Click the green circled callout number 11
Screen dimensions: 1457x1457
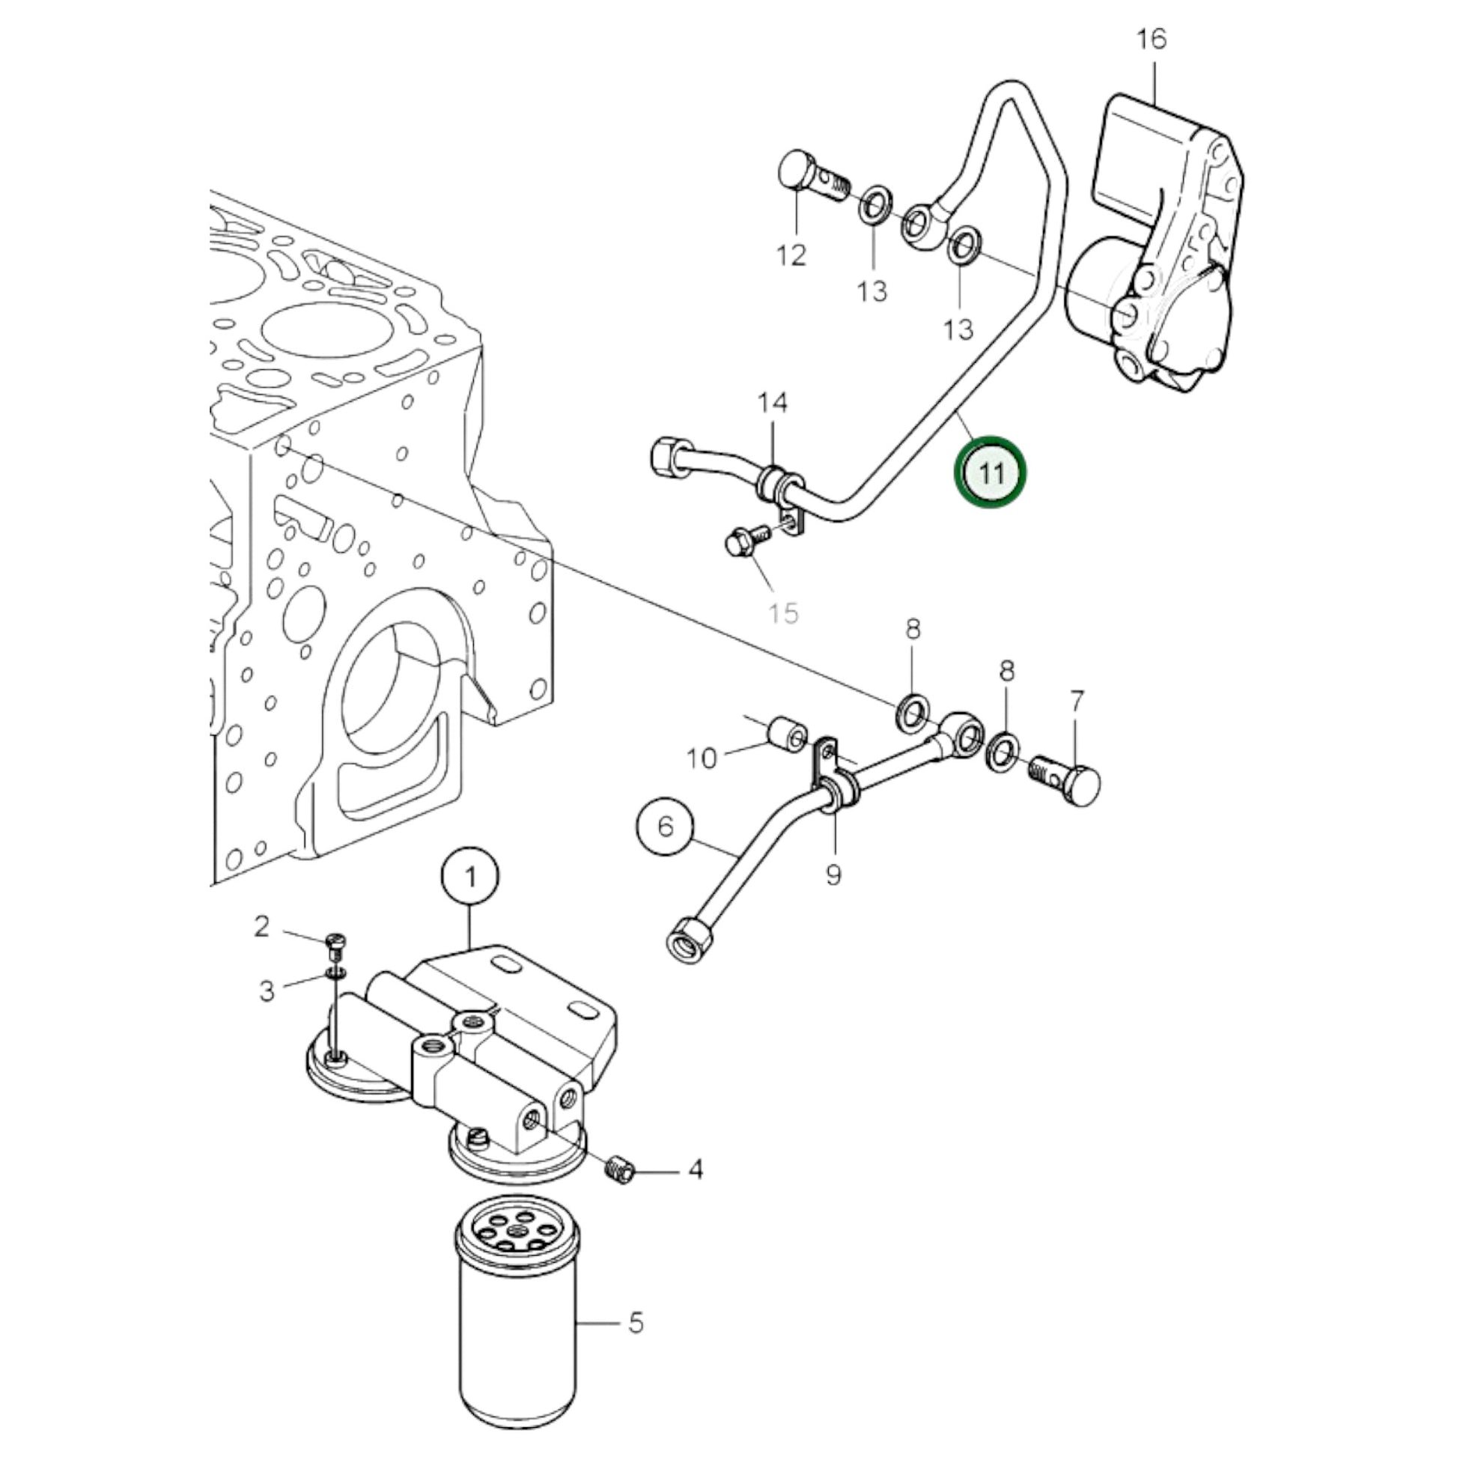click(991, 474)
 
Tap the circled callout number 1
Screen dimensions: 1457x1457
click(471, 878)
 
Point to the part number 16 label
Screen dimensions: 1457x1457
click(1152, 39)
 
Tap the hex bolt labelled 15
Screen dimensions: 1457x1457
click(746, 541)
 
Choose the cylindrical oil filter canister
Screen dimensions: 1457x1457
click(517, 1329)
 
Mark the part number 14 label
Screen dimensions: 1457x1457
click(773, 403)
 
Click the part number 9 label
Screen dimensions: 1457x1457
click(833, 875)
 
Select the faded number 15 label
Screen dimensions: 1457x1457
click(783, 613)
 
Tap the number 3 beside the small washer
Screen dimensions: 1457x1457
click(267, 991)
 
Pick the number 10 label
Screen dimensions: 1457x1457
click(702, 758)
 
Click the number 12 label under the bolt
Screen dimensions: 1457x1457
click(791, 255)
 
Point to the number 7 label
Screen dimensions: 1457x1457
click(1077, 702)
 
